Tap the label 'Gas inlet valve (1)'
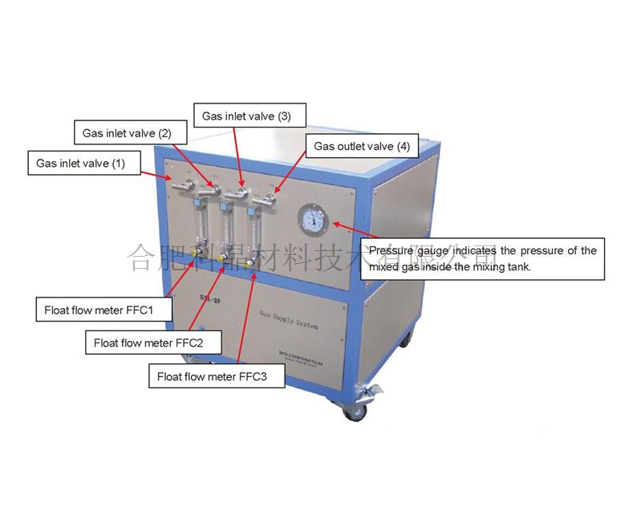click(81, 163)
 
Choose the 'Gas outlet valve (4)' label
click(361, 147)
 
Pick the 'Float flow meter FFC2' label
click(144, 343)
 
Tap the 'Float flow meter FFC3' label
click(212, 375)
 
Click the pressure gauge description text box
click(482, 258)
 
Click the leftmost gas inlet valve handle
click(181, 186)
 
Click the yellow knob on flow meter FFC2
click(221, 258)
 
